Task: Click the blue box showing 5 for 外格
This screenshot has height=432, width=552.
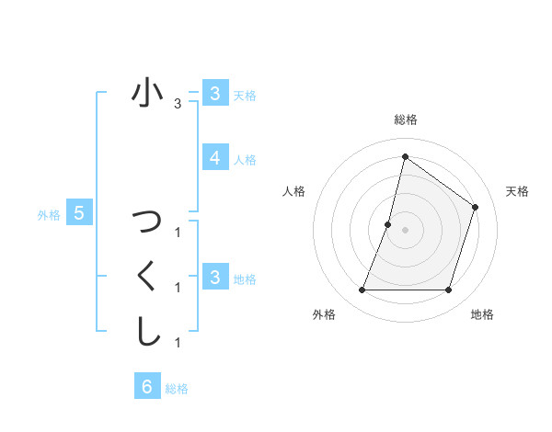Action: [79, 213]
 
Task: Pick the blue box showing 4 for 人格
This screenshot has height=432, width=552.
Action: [214, 158]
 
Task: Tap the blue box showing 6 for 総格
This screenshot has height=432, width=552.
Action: [146, 386]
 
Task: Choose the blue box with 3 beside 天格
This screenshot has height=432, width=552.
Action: [214, 93]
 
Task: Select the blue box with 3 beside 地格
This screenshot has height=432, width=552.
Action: [214, 277]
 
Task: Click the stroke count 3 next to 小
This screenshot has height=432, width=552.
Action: [178, 104]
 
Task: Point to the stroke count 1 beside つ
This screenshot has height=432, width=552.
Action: [178, 232]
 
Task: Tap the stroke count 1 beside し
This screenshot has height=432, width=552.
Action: [178, 343]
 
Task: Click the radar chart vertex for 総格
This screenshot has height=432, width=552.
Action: [405, 157]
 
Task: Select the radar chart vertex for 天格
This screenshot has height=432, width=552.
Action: [476, 207]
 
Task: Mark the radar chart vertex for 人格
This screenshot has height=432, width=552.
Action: [388, 224]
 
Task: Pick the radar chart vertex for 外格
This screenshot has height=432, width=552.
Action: [362, 290]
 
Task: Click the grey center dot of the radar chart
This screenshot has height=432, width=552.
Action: [405, 230]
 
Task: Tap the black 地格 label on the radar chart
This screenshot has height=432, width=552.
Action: [482, 314]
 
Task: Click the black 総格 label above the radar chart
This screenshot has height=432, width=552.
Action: [405, 119]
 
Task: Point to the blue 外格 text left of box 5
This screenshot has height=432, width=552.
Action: [49, 215]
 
